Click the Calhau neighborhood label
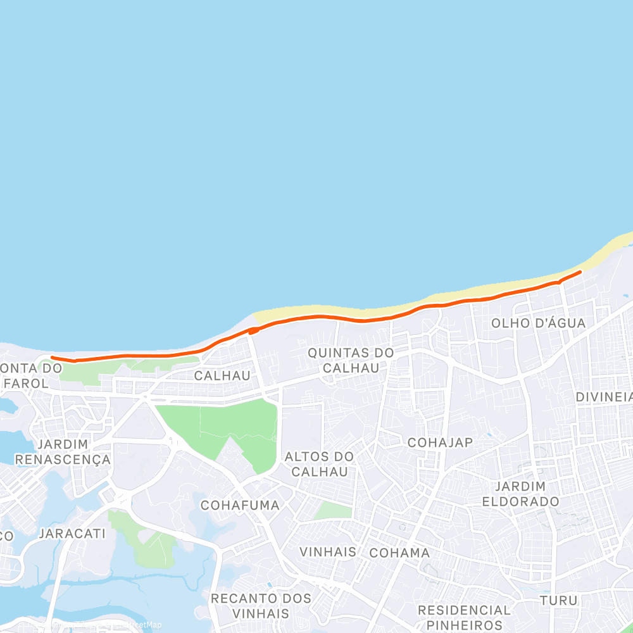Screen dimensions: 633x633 (x=222, y=375)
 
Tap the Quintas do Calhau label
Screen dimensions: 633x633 (x=351, y=360)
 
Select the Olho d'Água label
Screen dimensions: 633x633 (x=539, y=323)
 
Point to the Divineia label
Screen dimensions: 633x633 (x=605, y=397)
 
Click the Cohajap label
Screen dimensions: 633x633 (x=441, y=442)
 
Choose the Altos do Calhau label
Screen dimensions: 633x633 (x=319, y=464)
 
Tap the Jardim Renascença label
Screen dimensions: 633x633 (x=63, y=451)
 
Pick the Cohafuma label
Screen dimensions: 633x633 (x=240, y=505)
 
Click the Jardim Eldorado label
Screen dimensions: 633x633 (x=520, y=494)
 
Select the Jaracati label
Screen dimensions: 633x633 (x=72, y=534)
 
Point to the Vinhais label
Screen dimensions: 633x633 (x=328, y=552)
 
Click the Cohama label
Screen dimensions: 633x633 (x=399, y=553)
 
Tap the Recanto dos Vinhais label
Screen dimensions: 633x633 (x=261, y=606)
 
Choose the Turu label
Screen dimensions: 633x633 (x=558, y=600)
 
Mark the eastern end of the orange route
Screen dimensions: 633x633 (x=580, y=272)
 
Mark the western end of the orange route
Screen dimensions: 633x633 (x=52, y=358)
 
